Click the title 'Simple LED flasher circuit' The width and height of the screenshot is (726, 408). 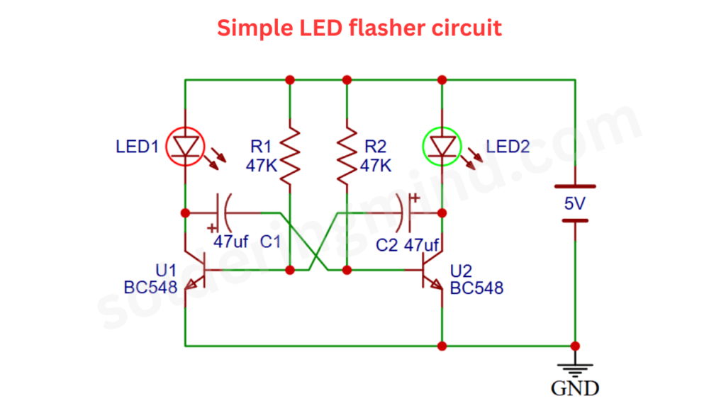359,28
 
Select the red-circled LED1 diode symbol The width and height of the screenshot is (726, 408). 185,147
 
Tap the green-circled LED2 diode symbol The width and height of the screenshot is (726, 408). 442,147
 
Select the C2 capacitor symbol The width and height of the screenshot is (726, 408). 407,212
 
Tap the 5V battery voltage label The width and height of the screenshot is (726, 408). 574,204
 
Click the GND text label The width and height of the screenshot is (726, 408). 574,388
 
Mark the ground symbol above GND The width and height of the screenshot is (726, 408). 574,367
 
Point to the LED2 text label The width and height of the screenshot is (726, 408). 508,147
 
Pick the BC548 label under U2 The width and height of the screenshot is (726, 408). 476,288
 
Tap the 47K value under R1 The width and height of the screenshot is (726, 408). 261,166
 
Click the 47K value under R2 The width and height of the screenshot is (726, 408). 375,166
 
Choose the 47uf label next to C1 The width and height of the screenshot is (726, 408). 231,242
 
